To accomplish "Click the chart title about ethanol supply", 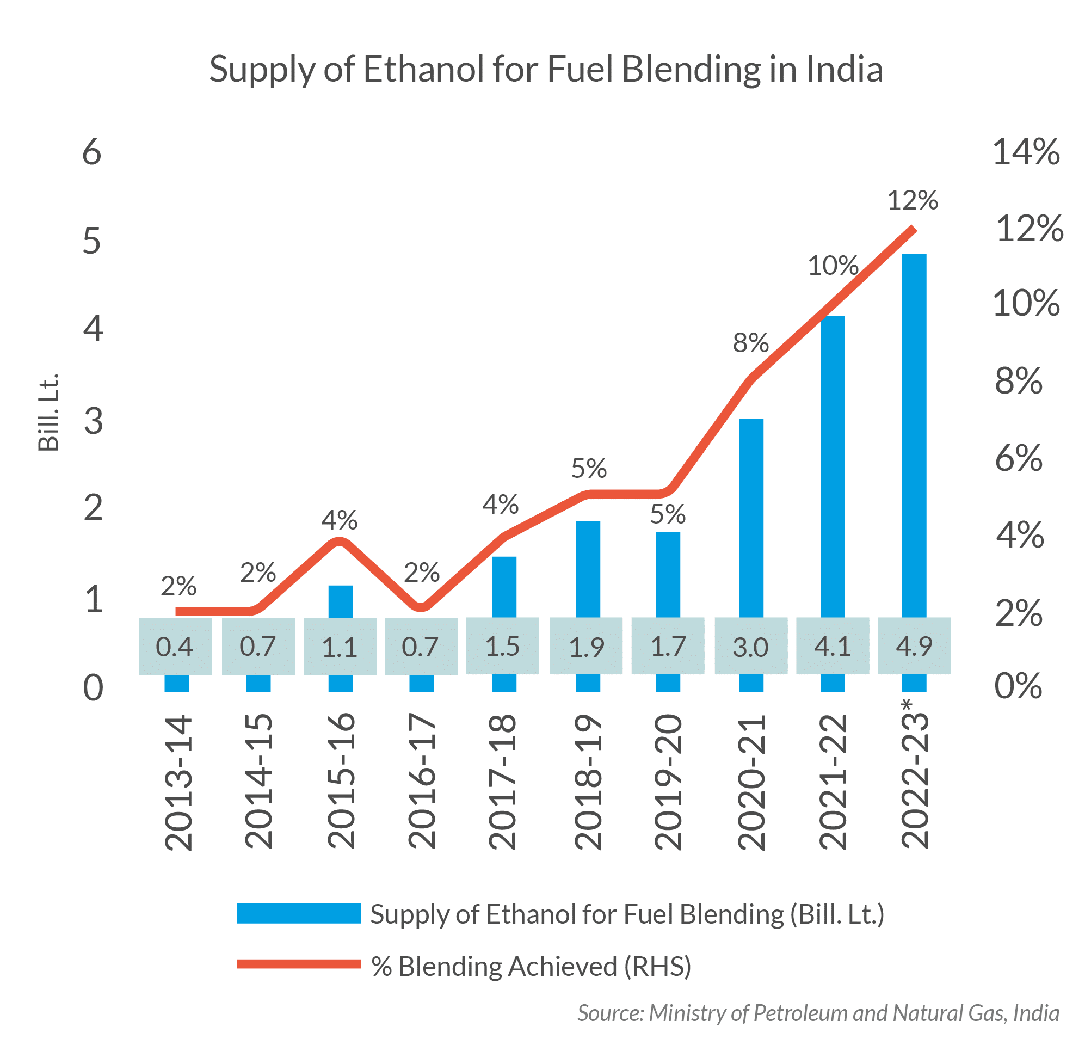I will (x=545, y=70).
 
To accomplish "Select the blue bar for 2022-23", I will (x=914, y=432).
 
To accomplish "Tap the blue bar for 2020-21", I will (x=751, y=515).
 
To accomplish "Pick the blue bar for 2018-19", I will (x=588, y=568).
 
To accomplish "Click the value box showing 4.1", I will (x=833, y=646).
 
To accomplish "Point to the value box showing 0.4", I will (x=175, y=646).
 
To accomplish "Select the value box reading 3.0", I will (x=751, y=646).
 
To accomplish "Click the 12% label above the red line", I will (x=913, y=200).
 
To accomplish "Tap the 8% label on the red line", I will (x=751, y=343).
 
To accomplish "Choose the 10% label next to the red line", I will (x=833, y=266).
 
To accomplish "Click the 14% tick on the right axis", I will (x=1026, y=152).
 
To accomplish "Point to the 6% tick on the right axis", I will (x=1019, y=459).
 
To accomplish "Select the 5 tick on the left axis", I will (x=92, y=241).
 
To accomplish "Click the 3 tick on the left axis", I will (x=93, y=421).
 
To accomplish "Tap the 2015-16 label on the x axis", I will (x=341, y=781).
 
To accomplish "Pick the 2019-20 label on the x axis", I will (x=668, y=781).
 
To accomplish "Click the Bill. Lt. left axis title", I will (x=49, y=413).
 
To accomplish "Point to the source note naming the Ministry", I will (x=818, y=1012).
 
